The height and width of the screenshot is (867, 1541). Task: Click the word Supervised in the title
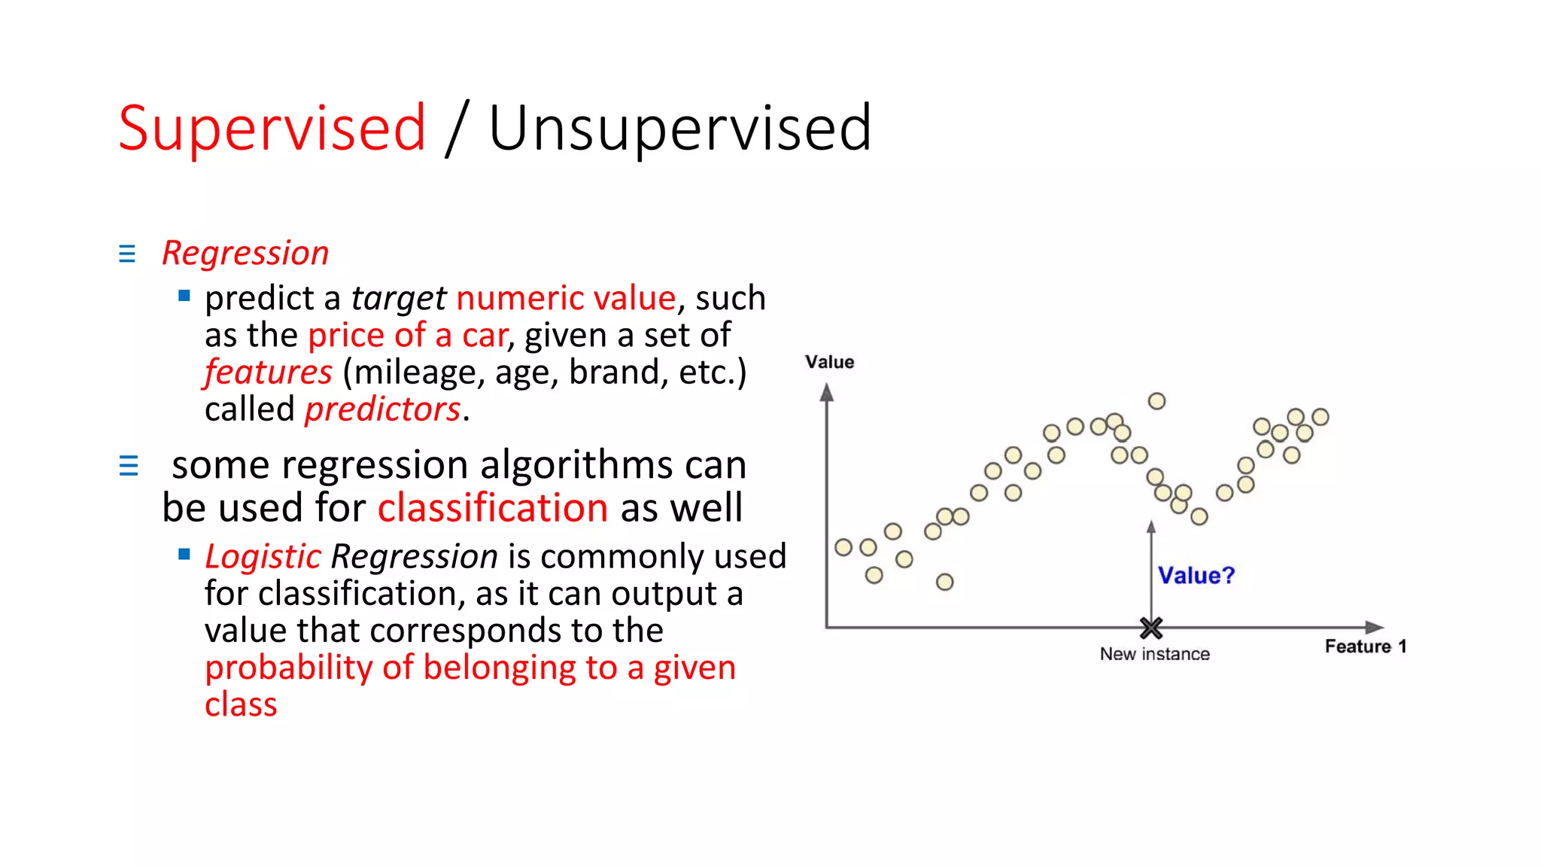[272, 128]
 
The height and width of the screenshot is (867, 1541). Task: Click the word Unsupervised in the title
[679, 128]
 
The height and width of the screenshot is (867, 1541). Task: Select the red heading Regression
[245, 253]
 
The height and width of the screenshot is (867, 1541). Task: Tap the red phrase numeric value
[566, 298]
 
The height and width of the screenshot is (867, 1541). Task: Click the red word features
[268, 372]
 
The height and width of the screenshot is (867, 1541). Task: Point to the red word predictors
[382, 409]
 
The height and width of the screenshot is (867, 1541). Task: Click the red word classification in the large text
[493, 507]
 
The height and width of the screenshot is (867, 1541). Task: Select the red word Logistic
[263, 557]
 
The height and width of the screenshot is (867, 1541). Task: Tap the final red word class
[241, 704]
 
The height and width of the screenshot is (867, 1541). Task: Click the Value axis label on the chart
[829, 362]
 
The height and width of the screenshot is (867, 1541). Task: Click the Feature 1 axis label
[1365, 646]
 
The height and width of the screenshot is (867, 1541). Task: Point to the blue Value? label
[1196, 576]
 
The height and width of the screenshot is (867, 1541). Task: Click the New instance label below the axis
[1154, 654]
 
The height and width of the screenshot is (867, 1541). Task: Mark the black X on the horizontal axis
[1150, 627]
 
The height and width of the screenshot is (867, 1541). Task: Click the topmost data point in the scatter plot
[1157, 401]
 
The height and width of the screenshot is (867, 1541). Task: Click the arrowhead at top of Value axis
[827, 392]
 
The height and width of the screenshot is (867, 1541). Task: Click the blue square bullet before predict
[184, 296]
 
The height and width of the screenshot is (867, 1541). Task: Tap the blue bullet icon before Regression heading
[127, 254]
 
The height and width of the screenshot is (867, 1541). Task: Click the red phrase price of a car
[408, 335]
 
